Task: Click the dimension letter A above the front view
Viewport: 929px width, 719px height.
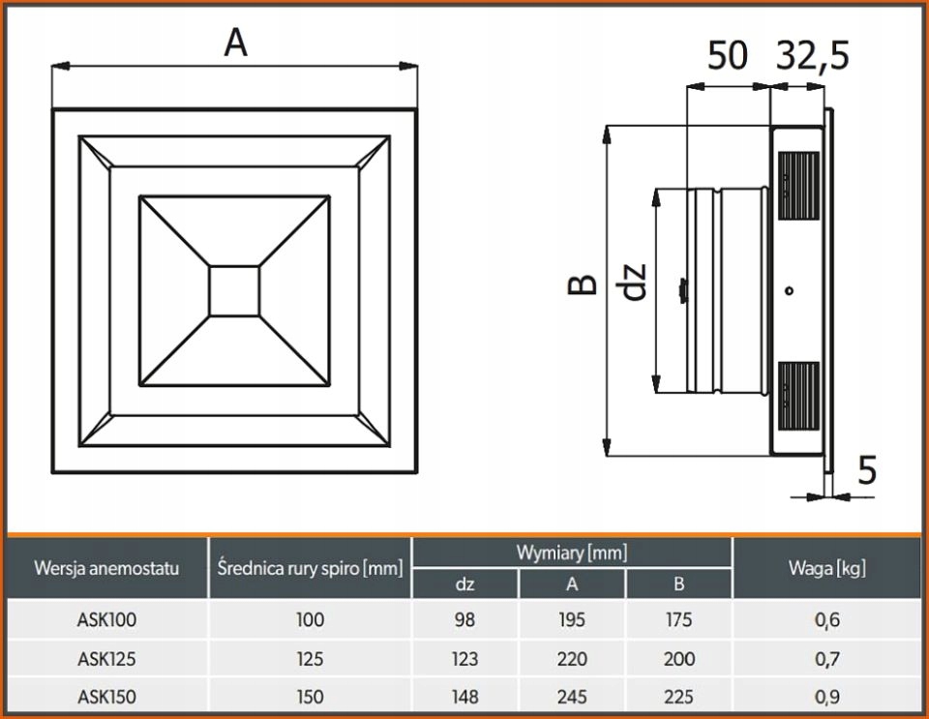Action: click(235, 43)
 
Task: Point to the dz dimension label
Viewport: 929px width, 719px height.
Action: click(634, 281)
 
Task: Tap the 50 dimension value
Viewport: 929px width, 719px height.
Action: click(727, 56)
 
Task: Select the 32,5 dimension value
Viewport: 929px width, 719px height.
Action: click(813, 56)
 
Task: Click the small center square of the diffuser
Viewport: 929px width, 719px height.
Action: click(235, 291)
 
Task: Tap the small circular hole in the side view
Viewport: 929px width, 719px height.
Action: click(791, 289)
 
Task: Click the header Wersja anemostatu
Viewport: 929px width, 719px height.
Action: click(106, 568)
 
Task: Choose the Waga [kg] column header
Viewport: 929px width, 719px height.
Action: click(827, 568)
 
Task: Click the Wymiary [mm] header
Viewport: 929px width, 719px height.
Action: click(572, 553)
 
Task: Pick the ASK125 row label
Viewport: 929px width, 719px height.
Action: click(106, 659)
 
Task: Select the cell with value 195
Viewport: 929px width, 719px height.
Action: click(572, 620)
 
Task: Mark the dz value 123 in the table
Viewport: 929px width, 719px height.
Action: click(464, 659)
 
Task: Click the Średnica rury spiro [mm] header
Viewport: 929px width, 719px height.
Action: click(310, 568)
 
